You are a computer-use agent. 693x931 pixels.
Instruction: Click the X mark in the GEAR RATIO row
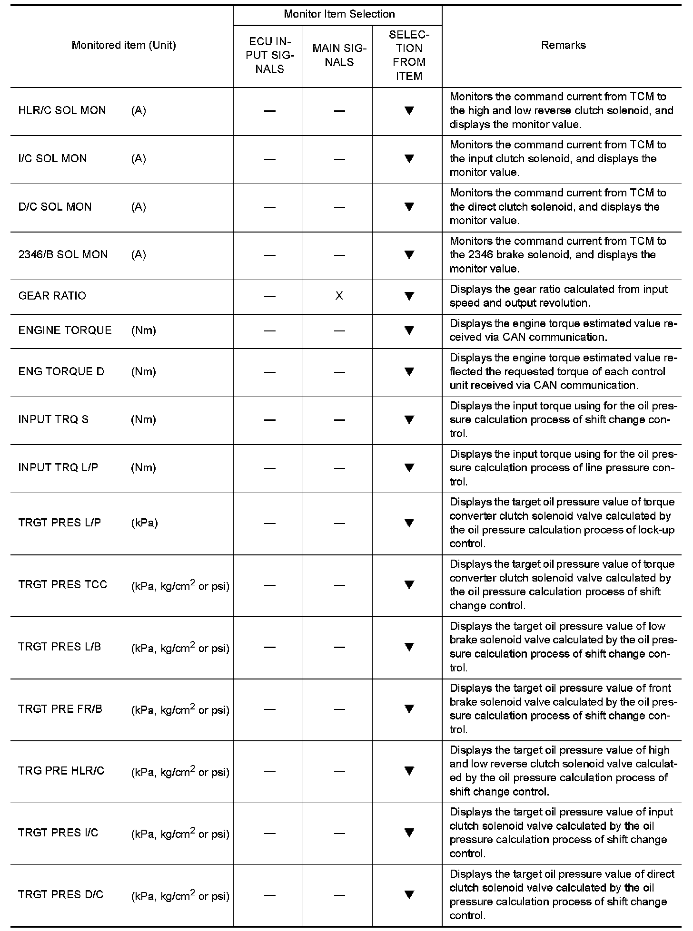339,296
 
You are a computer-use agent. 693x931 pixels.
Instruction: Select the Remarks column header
563,45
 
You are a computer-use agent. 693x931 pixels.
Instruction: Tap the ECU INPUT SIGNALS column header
269,55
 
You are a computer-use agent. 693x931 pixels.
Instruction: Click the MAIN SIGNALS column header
339,55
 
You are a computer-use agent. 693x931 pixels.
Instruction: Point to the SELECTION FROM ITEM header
409,55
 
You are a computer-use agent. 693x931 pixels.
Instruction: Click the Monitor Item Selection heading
339,14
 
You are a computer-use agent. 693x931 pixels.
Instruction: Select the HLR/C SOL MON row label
62,110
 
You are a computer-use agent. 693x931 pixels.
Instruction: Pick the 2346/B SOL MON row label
63,254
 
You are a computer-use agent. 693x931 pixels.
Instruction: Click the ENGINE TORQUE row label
65,330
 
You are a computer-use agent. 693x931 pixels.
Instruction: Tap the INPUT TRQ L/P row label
58,467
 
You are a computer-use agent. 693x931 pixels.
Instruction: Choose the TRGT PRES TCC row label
63,584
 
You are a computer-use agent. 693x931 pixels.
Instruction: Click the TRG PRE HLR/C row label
61,771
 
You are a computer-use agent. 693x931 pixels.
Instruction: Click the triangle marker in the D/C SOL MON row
409,207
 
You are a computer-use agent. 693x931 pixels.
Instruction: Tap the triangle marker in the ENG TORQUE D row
409,372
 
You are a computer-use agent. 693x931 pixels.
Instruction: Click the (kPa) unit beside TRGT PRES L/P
144,523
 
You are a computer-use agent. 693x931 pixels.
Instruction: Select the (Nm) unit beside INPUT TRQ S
143,419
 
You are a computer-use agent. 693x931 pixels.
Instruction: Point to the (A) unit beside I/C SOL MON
139,158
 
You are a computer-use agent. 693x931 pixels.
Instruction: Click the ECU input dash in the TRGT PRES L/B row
269,647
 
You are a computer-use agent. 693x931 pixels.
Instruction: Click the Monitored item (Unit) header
124,45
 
